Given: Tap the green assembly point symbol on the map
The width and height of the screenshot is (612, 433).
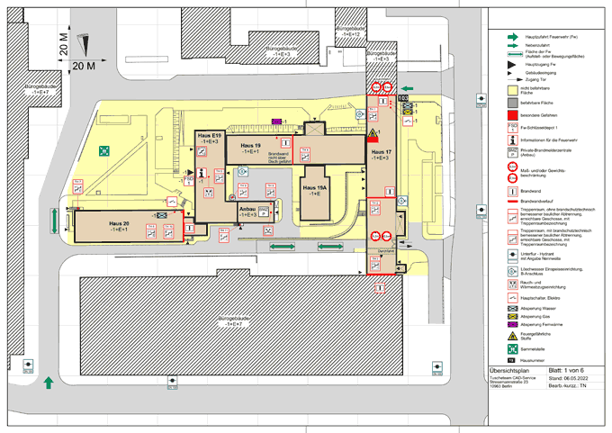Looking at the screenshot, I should click(104, 149).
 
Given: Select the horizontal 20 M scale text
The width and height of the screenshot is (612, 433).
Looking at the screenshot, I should click(84, 66).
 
